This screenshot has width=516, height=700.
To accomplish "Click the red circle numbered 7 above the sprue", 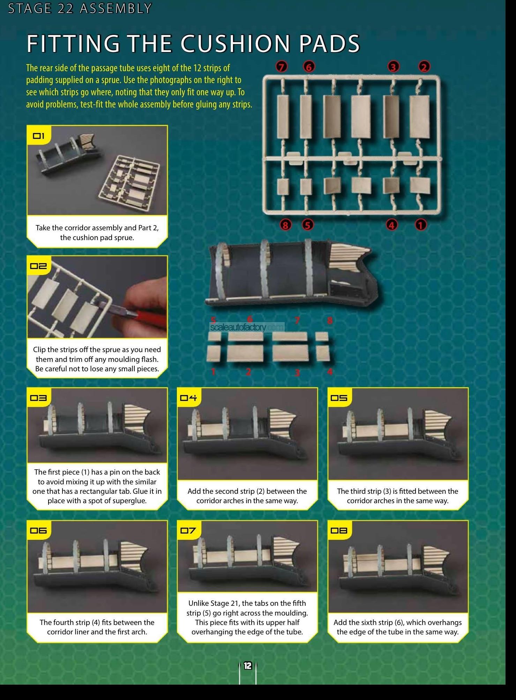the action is pos(282,66).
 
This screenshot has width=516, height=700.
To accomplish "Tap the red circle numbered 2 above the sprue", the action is pos(424,66).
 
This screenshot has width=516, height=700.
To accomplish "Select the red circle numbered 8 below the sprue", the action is pos(285,225).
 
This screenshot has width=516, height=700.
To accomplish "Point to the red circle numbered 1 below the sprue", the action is pos(421,225).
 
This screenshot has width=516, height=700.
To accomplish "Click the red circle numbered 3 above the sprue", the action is pos(393,66).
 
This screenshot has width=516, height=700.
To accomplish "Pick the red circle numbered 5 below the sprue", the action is pos(307,225).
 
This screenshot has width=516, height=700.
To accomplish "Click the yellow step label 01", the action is pos(39,136).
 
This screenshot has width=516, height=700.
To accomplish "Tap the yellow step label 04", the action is pos(189,397).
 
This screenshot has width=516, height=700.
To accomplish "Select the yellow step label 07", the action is pos(189,530).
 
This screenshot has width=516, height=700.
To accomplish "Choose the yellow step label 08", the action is pos(339,530).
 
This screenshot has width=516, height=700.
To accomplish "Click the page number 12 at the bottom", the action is pos(248,666).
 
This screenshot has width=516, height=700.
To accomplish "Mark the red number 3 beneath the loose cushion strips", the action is pos(297,373).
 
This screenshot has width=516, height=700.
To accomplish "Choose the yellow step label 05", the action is pos(339,397).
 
